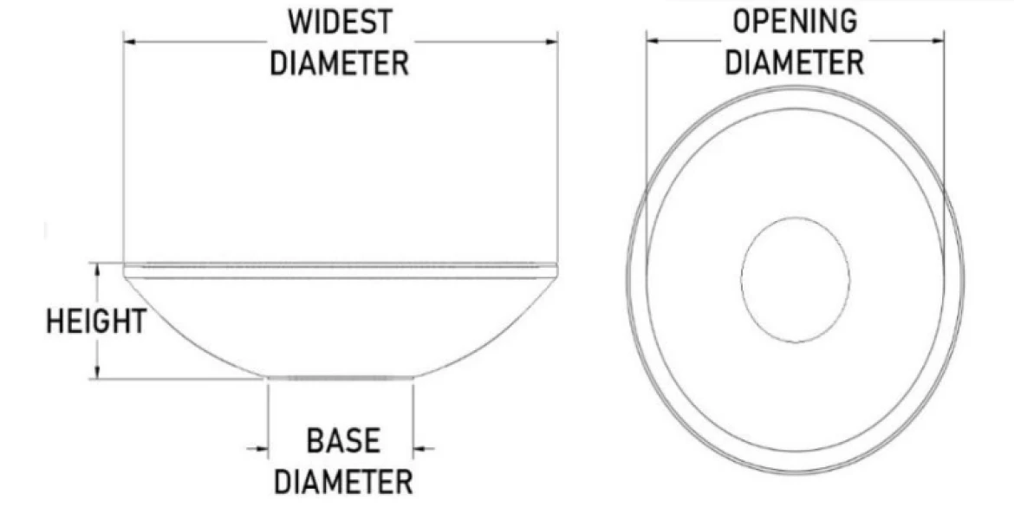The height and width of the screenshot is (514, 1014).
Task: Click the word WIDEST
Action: coord(340,22)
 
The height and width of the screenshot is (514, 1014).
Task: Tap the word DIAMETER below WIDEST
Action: coord(340,63)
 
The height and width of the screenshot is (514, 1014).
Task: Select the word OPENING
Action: coord(795,22)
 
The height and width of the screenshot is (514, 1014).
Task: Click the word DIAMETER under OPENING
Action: coord(795,62)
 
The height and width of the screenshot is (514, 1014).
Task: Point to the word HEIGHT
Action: coord(96,322)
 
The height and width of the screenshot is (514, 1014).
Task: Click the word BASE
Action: coord(343,441)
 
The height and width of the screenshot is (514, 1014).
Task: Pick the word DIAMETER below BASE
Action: coord(343,482)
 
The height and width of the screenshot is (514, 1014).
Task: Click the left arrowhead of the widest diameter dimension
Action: coord(129,42)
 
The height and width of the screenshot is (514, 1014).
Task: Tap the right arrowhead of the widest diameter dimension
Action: coord(551,42)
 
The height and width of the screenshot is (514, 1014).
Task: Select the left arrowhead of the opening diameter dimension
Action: coord(653,42)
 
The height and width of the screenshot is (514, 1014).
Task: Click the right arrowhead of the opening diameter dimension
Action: coord(938,42)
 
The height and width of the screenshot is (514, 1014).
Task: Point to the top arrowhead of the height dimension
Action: coord(97,269)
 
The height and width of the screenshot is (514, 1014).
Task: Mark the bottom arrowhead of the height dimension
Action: coord(97,373)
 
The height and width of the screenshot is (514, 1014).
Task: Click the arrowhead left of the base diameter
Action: coord(262,448)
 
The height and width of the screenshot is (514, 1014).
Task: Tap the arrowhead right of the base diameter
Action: coord(419,448)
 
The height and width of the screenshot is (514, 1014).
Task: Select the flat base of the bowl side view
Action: coord(341,378)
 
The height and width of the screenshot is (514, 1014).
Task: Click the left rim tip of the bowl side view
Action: coord(124,270)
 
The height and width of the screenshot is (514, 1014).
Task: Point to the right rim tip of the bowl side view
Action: coord(556,270)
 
